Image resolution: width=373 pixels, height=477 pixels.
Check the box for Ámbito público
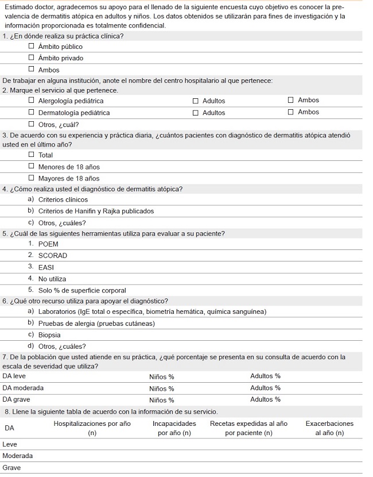(x=32, y=47)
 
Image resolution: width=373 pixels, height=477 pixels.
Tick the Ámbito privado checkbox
(x=32, y=58)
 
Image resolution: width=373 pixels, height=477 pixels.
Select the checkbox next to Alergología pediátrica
(x=32, y=101)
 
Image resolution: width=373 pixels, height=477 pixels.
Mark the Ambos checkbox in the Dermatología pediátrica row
(x=290, y=112)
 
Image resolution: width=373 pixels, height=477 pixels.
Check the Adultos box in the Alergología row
(x=195, y=101)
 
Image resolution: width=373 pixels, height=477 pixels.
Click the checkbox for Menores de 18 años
(x=32, y=167)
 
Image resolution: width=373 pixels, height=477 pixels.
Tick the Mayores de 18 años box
(x=32, y=178)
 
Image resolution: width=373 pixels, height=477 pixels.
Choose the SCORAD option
(x=52, y=255)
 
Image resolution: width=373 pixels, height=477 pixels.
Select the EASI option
(x=46, y=267)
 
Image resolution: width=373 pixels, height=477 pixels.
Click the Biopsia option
(x=49, y=334)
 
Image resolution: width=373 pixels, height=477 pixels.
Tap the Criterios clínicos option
(x=63, y=199)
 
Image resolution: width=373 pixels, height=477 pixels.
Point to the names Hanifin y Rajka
(x=100, y=211)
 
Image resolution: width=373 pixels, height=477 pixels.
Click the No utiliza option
(x=52, y=279)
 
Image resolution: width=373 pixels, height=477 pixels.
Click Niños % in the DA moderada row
(x=161, y=388)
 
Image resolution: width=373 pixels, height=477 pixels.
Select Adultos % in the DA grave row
(x=265, y=399)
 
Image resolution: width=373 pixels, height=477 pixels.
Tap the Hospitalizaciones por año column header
(x=92, y=428)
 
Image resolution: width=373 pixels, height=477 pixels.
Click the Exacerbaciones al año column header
(x=329, y=428)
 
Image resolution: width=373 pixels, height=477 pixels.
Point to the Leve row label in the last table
(x=10, y=444)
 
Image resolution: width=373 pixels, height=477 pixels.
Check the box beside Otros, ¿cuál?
(x=32, y=124)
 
